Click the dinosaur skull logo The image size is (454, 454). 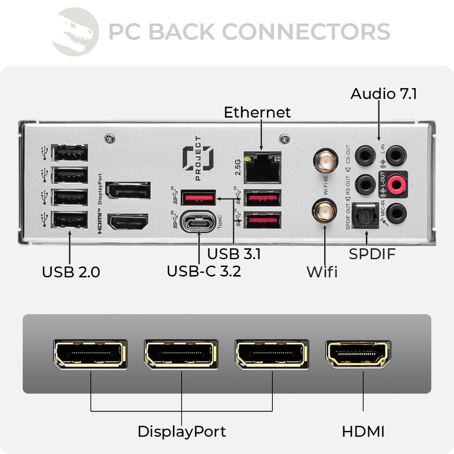76,32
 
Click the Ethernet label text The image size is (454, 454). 257,112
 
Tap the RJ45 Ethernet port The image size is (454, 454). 263,168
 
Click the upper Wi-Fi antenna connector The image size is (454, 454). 325,161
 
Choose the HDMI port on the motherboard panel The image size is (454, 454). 128,222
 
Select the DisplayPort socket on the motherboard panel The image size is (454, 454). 128,190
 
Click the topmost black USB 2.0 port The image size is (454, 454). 70,153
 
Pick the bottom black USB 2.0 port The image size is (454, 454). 70,219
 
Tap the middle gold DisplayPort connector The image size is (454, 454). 181,354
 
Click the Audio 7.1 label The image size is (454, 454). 384,94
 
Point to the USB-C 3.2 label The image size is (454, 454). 204,271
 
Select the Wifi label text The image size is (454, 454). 322,272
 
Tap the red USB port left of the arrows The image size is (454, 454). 198,197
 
